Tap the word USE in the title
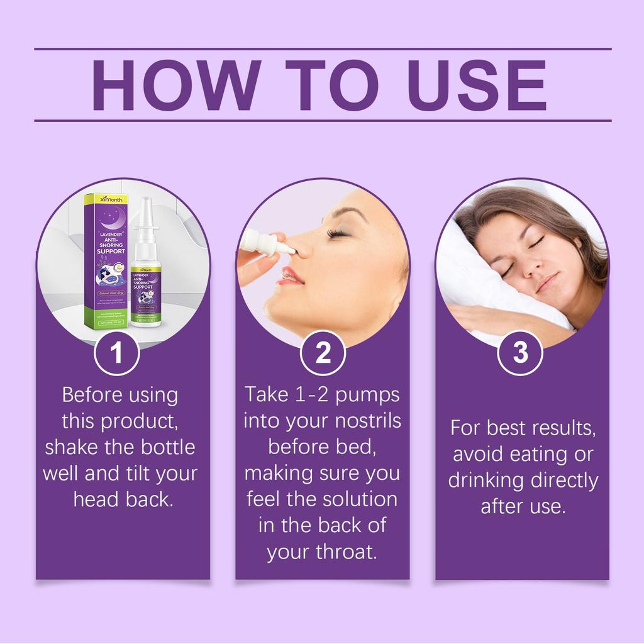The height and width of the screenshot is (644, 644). click(478, 85)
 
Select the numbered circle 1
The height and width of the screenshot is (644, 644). click(116, 353)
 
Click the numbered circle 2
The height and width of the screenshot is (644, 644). click(323, 353)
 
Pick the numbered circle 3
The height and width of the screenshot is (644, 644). click(520, 353)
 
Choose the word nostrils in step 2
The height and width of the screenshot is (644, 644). click(369, 420)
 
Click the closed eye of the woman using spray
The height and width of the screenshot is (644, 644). click(337, 233)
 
